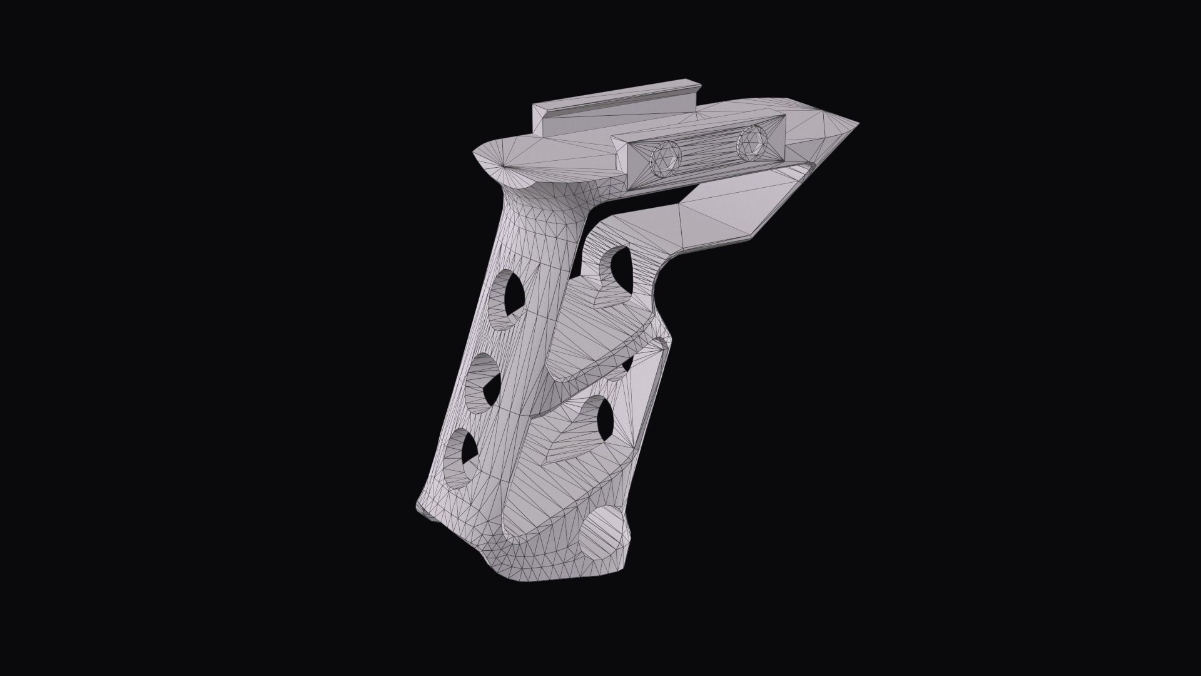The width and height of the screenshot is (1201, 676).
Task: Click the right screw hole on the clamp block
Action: [751, 143]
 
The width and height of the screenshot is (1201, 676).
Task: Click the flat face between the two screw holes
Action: [707, 152]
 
